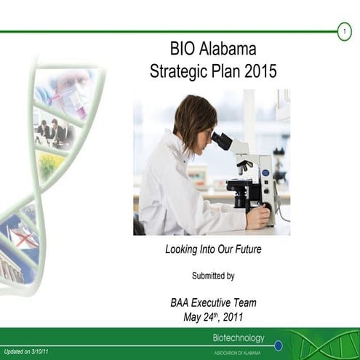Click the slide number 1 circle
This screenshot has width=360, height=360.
[x=344, y=31]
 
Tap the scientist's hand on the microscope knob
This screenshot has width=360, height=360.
[x=258, y=216]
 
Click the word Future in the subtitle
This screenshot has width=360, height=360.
[x=244, y=249]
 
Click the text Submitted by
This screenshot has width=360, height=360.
[x=212, y=276]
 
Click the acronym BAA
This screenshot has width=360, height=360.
[x=180, y=303]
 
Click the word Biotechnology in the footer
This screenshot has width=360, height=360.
[x=239, y=337]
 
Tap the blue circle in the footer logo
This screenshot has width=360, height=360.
[x=278, y=345]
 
